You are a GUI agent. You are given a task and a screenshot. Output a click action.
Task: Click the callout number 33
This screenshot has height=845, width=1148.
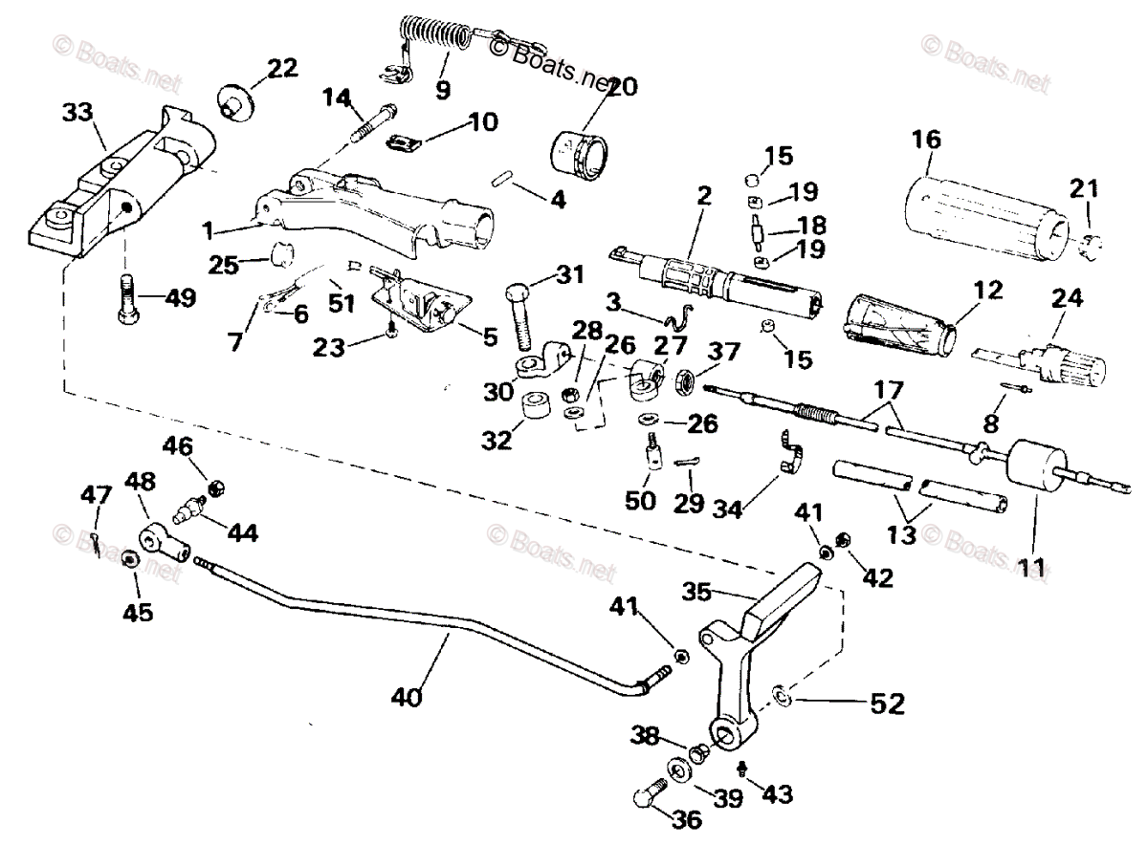click(x=77, y=112)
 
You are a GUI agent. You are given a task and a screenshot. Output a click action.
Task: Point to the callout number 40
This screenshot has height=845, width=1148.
click(x=407, y=697)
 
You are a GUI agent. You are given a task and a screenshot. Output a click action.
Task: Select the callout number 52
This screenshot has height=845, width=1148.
click(x=888, y=704)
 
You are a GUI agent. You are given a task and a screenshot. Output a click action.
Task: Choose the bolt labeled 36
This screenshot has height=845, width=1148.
click(x=651, y=804)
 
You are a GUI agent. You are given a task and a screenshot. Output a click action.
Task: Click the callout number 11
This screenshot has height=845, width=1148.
click(x=1031, y=568)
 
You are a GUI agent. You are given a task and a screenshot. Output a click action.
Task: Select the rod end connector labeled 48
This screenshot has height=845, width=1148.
click(x=165, y=542)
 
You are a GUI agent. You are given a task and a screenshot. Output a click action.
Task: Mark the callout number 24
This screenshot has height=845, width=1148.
click(x=1067, y=298)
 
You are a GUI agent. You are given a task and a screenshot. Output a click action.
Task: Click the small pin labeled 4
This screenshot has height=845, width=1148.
click(x=501, y=181)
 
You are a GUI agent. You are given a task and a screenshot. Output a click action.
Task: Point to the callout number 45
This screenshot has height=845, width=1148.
click(x=138, y=613)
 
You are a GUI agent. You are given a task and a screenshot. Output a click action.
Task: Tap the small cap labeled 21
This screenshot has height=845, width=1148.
click(x=1091, y=247)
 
